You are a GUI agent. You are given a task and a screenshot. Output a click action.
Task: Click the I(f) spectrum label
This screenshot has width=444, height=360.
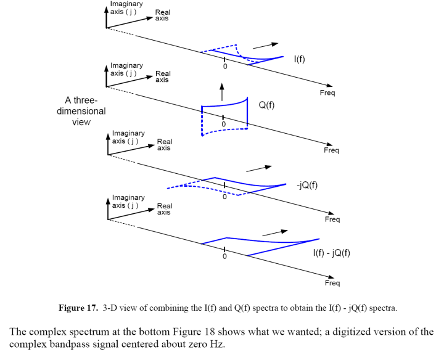[x=299, y=59]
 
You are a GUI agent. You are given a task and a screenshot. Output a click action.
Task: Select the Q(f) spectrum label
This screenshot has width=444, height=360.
[x=267, y=105]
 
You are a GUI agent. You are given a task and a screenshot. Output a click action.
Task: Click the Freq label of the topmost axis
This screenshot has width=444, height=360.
[x=327, y=92]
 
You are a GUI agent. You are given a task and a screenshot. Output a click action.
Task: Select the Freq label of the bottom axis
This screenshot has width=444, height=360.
[x=332, y=284]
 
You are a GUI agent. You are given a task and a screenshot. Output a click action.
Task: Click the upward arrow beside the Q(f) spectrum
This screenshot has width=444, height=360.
[x=221, y=89]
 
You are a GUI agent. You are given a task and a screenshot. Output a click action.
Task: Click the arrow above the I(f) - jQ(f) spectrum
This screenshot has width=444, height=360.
[x=275, y=232]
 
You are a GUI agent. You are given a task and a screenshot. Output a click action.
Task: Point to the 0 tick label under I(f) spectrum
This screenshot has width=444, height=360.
[x=224, y=66]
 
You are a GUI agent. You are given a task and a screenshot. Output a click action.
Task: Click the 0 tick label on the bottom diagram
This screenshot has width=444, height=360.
[x=224, y=256]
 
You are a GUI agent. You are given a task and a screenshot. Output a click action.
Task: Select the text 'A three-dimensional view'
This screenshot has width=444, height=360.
[x=85, y=111]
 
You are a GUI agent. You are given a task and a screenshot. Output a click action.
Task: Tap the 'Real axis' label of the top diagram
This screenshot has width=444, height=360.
[x=163, y=15]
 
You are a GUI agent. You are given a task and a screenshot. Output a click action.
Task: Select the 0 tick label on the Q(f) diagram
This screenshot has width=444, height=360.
[x=223, y=124]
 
